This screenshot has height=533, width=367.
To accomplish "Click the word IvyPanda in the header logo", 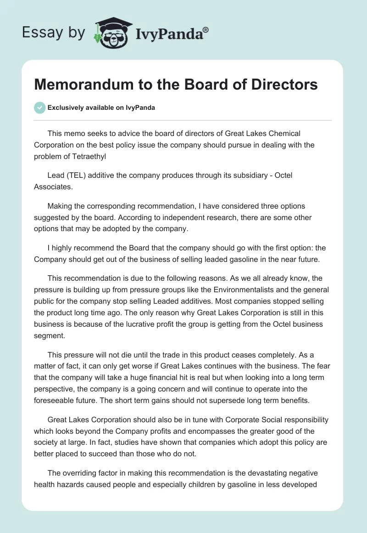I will [168, 34].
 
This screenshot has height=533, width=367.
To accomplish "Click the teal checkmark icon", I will [39, 108].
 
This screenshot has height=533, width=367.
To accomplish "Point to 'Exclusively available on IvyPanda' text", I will [101, 108].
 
